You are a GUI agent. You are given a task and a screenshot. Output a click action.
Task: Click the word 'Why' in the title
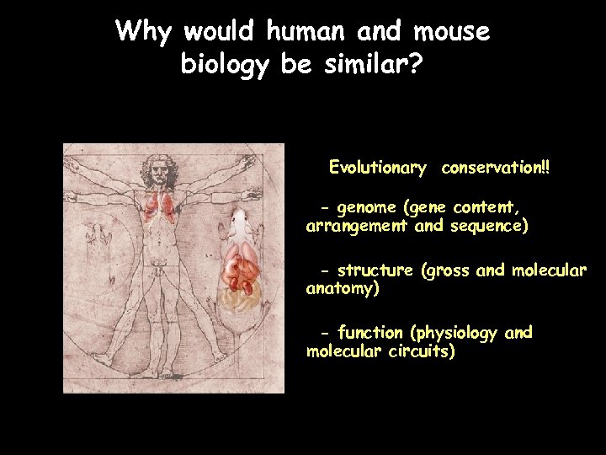pyautogui.click(x=144, y=32)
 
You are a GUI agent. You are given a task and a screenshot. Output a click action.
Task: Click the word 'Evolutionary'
pyautogui.click(x=377, y=168)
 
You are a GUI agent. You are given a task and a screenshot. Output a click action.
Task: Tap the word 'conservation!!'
pyautogui.click(x=496, y=168)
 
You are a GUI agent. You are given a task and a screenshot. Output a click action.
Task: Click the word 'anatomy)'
pyautogui.click(x=343, y=289)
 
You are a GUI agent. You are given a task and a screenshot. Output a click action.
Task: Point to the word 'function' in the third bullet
pyautogui.click(x=369, y=333)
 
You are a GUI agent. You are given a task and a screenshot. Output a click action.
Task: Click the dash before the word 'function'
pyautogui.click(x=326, y=333)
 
